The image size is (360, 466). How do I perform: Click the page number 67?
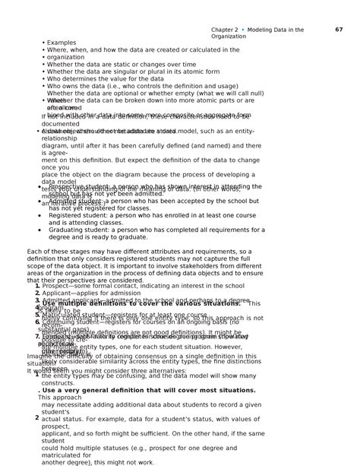339,30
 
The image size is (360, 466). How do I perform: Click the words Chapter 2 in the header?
225,30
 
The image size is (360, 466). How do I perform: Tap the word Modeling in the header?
264,30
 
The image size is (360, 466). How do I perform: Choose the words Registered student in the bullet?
75,215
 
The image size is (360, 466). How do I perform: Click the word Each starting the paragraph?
34,251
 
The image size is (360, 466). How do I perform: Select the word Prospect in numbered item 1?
55,286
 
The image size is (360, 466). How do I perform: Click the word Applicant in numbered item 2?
56,293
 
